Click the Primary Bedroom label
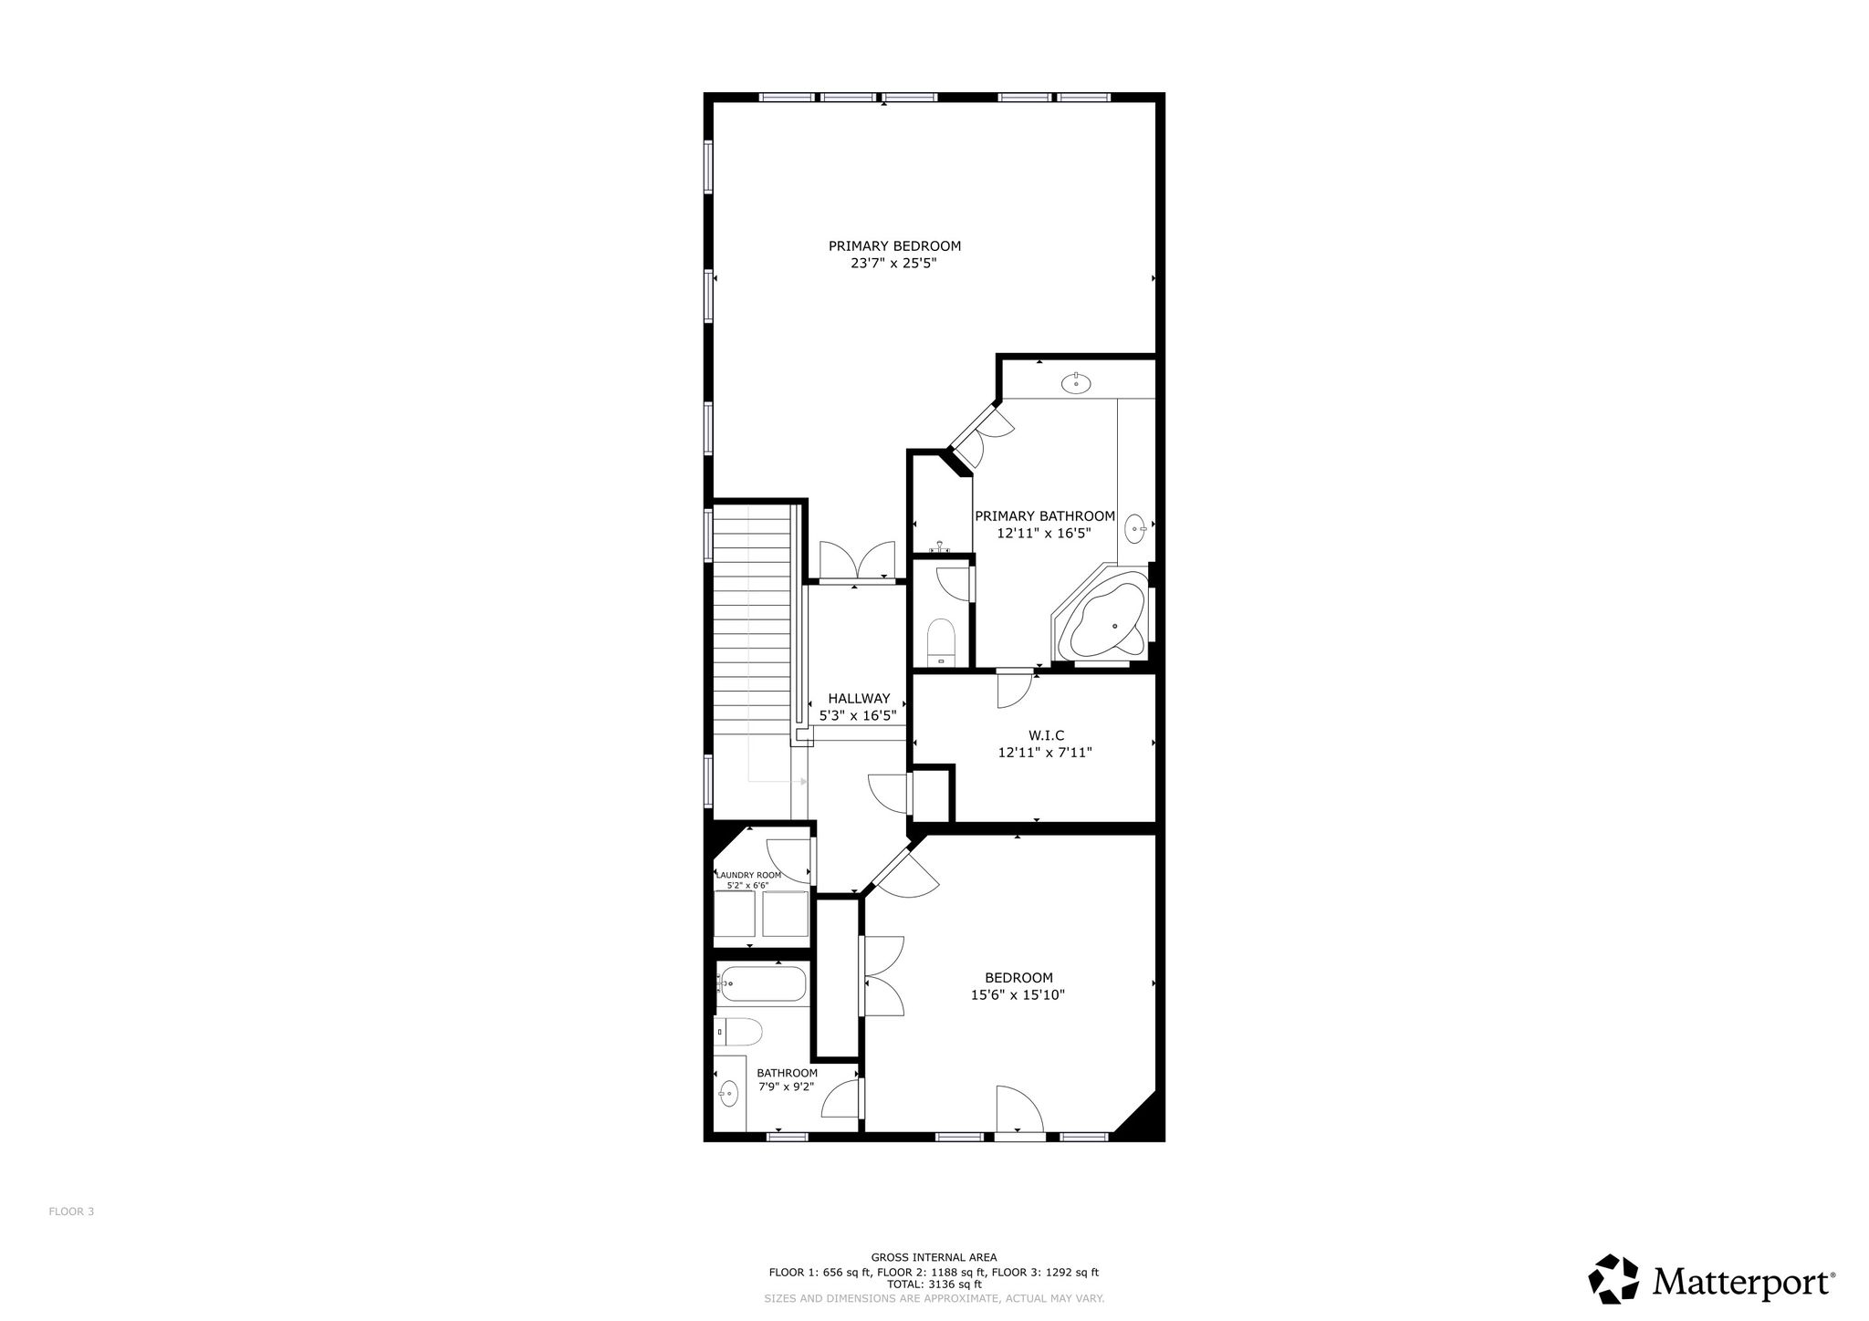[894, 245]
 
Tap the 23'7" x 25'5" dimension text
[894, 264]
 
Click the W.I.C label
[1046, 735]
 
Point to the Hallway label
[859, 699]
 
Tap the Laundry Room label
[748, 875]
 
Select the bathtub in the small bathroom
[762, 984]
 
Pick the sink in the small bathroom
[728, 1091]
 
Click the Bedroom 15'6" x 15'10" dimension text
[1018, 995]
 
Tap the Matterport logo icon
[1616, 1281]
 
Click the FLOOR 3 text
[71, 1212]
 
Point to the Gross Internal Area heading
[934, 1257]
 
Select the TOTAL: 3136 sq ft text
[934, 1284]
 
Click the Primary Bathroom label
[1045, 516]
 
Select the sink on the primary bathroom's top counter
[1077, 383]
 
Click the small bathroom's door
[841, 1097]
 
